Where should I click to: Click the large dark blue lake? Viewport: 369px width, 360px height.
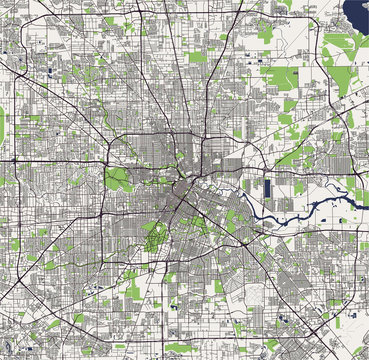(356, 13)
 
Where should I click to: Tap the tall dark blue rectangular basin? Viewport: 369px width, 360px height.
(267, 186)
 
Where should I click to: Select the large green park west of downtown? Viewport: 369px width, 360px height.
(119, 181)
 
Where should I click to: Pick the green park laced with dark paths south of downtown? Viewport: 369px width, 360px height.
(155, 237)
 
